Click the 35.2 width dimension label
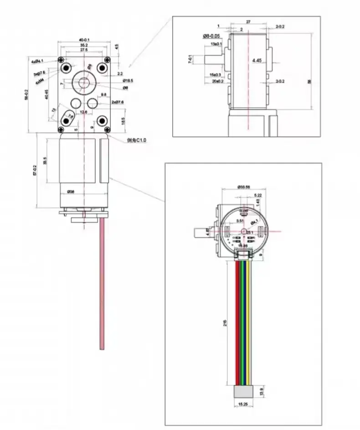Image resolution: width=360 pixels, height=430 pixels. pos(84,46)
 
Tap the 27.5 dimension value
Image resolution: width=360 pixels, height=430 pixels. pos(84,51)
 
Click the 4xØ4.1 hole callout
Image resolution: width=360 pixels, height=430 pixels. pos(37,61)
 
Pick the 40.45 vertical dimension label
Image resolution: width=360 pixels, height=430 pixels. pos(46,94)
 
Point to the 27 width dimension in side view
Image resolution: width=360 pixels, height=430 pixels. pos(248,21)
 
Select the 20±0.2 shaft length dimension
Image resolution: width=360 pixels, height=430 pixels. pos(216,81)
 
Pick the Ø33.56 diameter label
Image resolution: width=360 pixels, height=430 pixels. pos(244,187)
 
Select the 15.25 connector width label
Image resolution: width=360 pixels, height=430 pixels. pos(243,404)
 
